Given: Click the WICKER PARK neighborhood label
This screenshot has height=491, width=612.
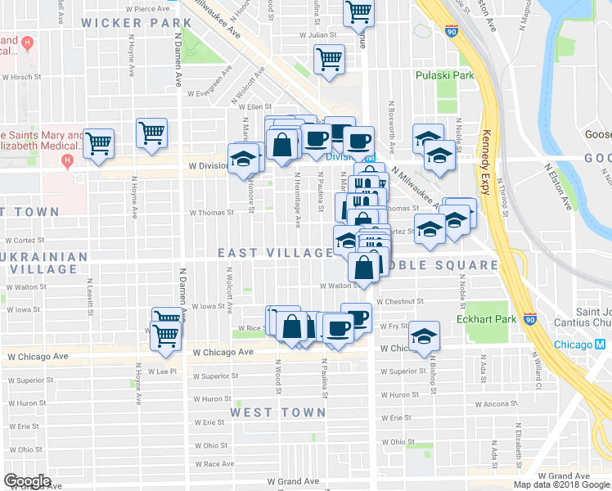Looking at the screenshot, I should (132, 23).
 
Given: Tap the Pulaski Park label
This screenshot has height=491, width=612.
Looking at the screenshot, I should (444, 75).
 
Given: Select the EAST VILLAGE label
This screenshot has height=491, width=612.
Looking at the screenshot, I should (274, 254).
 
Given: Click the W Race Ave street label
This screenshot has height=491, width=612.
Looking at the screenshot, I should (214, 464).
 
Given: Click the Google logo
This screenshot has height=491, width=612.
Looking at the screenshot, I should (27, 481).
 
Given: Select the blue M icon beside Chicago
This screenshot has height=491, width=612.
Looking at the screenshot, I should (601, 345).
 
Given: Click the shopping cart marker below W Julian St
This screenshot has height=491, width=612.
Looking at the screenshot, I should (329, 59).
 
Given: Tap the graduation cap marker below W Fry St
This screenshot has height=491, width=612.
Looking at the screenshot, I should (424, 336).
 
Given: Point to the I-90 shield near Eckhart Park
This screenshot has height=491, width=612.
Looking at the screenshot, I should (529, 319).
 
